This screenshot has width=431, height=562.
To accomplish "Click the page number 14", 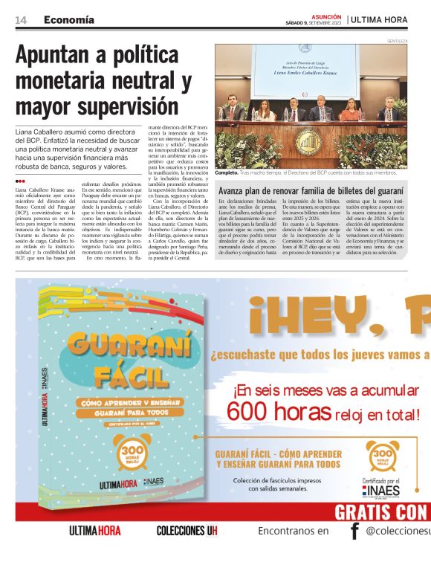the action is pyautogui.click(x=21, y=19).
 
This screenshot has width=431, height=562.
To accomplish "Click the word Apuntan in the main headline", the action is pyautogui.click(x=56, y=56).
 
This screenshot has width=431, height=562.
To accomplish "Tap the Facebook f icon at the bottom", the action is pyautogui.click(x=355, y=530).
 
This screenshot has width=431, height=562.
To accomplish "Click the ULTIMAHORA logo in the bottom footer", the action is pyautogui.click(x=94, y=531).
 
